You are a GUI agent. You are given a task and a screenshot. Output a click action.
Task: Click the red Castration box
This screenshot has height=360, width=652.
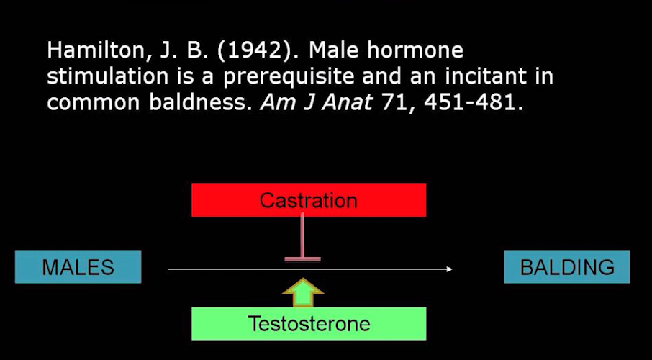(x=308, y=199)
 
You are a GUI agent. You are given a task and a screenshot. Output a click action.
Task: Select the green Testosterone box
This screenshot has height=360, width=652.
(x=308, y=323)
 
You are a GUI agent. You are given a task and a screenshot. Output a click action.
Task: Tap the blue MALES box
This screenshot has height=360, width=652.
(x=78, y=267)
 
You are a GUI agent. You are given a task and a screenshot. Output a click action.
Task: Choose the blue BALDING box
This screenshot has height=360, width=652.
(x=567, y=267)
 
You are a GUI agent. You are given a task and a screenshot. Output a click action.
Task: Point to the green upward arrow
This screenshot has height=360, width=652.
(x=303, y=291)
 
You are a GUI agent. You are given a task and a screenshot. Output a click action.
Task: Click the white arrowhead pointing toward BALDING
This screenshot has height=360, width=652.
(x=448, y=269)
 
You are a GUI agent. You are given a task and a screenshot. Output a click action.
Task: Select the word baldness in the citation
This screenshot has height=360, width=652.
(x=202, y=102)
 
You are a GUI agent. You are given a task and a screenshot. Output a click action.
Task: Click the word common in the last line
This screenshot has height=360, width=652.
(x=93, y=102)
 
